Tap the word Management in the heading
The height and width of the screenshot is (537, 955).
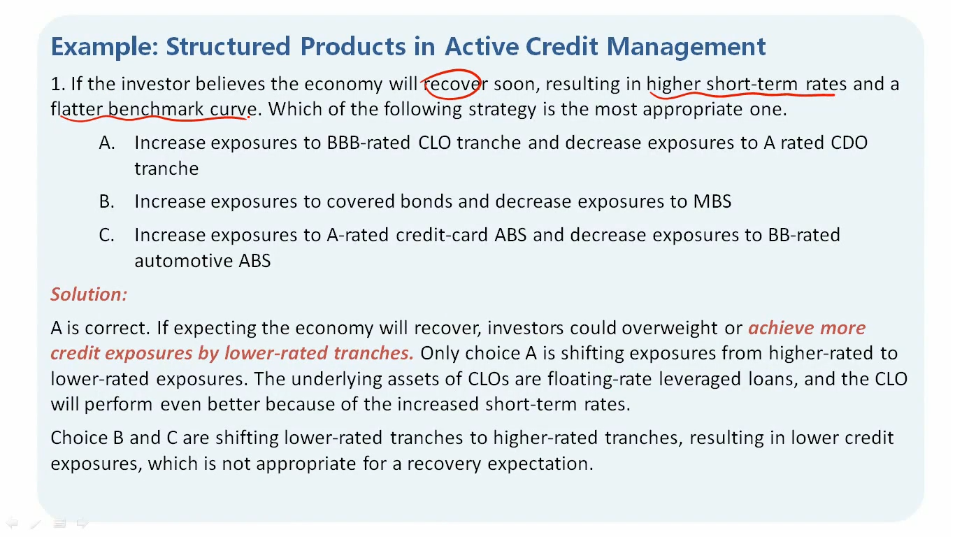pos(686,47)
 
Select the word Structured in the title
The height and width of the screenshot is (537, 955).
pos(228,46)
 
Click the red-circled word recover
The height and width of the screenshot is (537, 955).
pos(456,84)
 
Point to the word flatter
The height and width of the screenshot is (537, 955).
pos(76,109)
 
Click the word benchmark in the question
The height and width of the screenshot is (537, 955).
pos(156,109)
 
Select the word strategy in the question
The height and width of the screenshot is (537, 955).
pos(502,110)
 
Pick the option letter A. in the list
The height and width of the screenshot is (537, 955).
pos(107,143)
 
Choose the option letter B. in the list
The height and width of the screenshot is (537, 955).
pos(106,201)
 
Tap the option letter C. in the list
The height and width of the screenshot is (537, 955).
pos(106,235)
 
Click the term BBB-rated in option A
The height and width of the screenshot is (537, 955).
pos(368,143)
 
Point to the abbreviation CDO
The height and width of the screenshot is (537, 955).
pos(849,143)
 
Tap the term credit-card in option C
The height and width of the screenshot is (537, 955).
pos(442,235)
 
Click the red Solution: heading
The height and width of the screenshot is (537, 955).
pos(89,294)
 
